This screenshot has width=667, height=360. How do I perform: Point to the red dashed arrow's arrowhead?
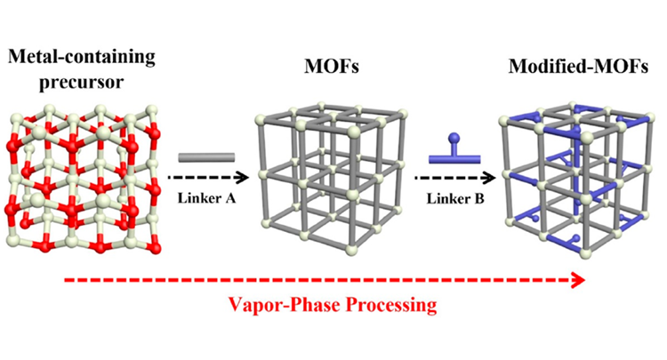pyautogui.click(x=579, y=281)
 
